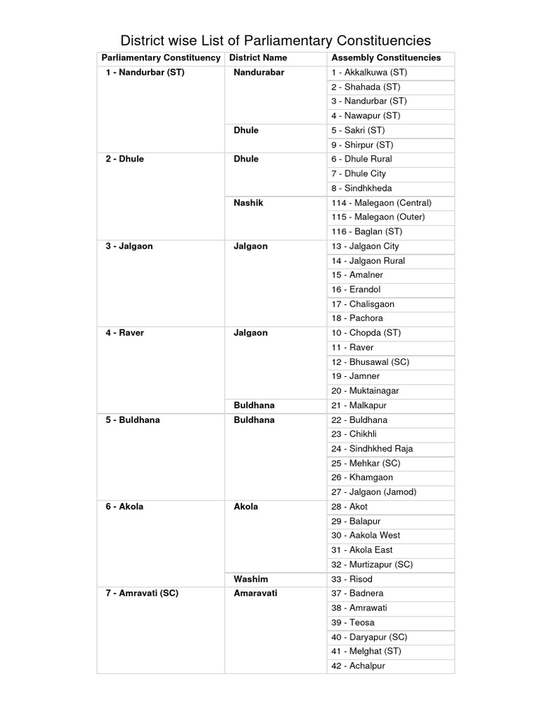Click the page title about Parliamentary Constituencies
coord(275,40)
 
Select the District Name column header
coord(258,58)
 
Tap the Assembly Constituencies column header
coord(386,58)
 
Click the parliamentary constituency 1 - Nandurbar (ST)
coord(145,73)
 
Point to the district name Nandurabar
coord(259,73)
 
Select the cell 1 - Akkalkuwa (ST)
coord(369,73)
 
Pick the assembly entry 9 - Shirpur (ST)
coord(362,145)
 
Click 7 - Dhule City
coord(359,173)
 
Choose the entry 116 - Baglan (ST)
coord(367,231)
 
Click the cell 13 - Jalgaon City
coord(366,246)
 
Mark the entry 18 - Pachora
coord(357,318)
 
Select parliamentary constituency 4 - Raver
coord(125,333)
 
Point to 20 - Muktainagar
coord(365,391)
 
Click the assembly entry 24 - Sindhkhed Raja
coord(373,449)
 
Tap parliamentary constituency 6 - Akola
coord(124,506)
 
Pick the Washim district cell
coord(251,579)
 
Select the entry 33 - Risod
coord(352,579)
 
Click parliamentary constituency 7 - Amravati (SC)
coord(142,594)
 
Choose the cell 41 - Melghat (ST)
coord(366,651)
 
